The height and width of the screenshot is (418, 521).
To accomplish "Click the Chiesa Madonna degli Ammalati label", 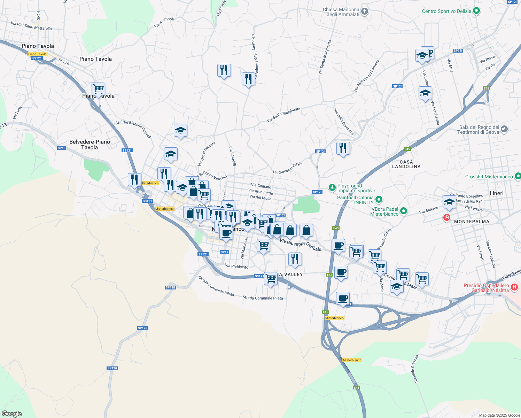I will click(x=341, y=12).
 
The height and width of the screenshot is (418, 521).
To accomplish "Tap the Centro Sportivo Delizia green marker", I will click(x=476, y=11).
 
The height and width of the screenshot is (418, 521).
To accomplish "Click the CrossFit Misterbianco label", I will click(x=489, y=177).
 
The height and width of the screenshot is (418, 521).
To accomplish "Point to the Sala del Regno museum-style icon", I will click(x=504, y=130).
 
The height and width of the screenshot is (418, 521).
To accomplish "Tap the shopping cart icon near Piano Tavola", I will click(x=98, y=89).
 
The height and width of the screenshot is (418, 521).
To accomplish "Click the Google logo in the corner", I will click(x=12, y=413).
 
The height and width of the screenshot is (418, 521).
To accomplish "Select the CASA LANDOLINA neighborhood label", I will click(x=406, y=164).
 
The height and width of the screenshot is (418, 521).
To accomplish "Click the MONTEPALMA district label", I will click(x=472, y=222).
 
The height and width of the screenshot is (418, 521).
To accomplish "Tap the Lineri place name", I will click(x=496, y=193).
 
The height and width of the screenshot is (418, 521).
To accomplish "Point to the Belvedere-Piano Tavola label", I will click(x=90, y=145).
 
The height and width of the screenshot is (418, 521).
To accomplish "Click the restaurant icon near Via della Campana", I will click(x=343, y=148).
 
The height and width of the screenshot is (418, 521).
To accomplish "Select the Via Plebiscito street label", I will click(x=236, y=266).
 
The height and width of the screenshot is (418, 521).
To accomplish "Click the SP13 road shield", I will click(x=61, y=148).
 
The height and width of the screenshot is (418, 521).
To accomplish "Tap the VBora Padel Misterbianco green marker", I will click(x=403, y=211).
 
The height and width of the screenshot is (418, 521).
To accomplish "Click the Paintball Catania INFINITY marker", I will click(x=379, y=200).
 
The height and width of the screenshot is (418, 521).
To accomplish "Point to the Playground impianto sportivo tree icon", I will click(x=332, y=188).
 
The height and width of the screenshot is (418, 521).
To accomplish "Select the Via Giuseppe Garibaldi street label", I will click(x=301, y=245).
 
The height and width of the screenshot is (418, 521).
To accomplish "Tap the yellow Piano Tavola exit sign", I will click(x=37, y=54).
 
